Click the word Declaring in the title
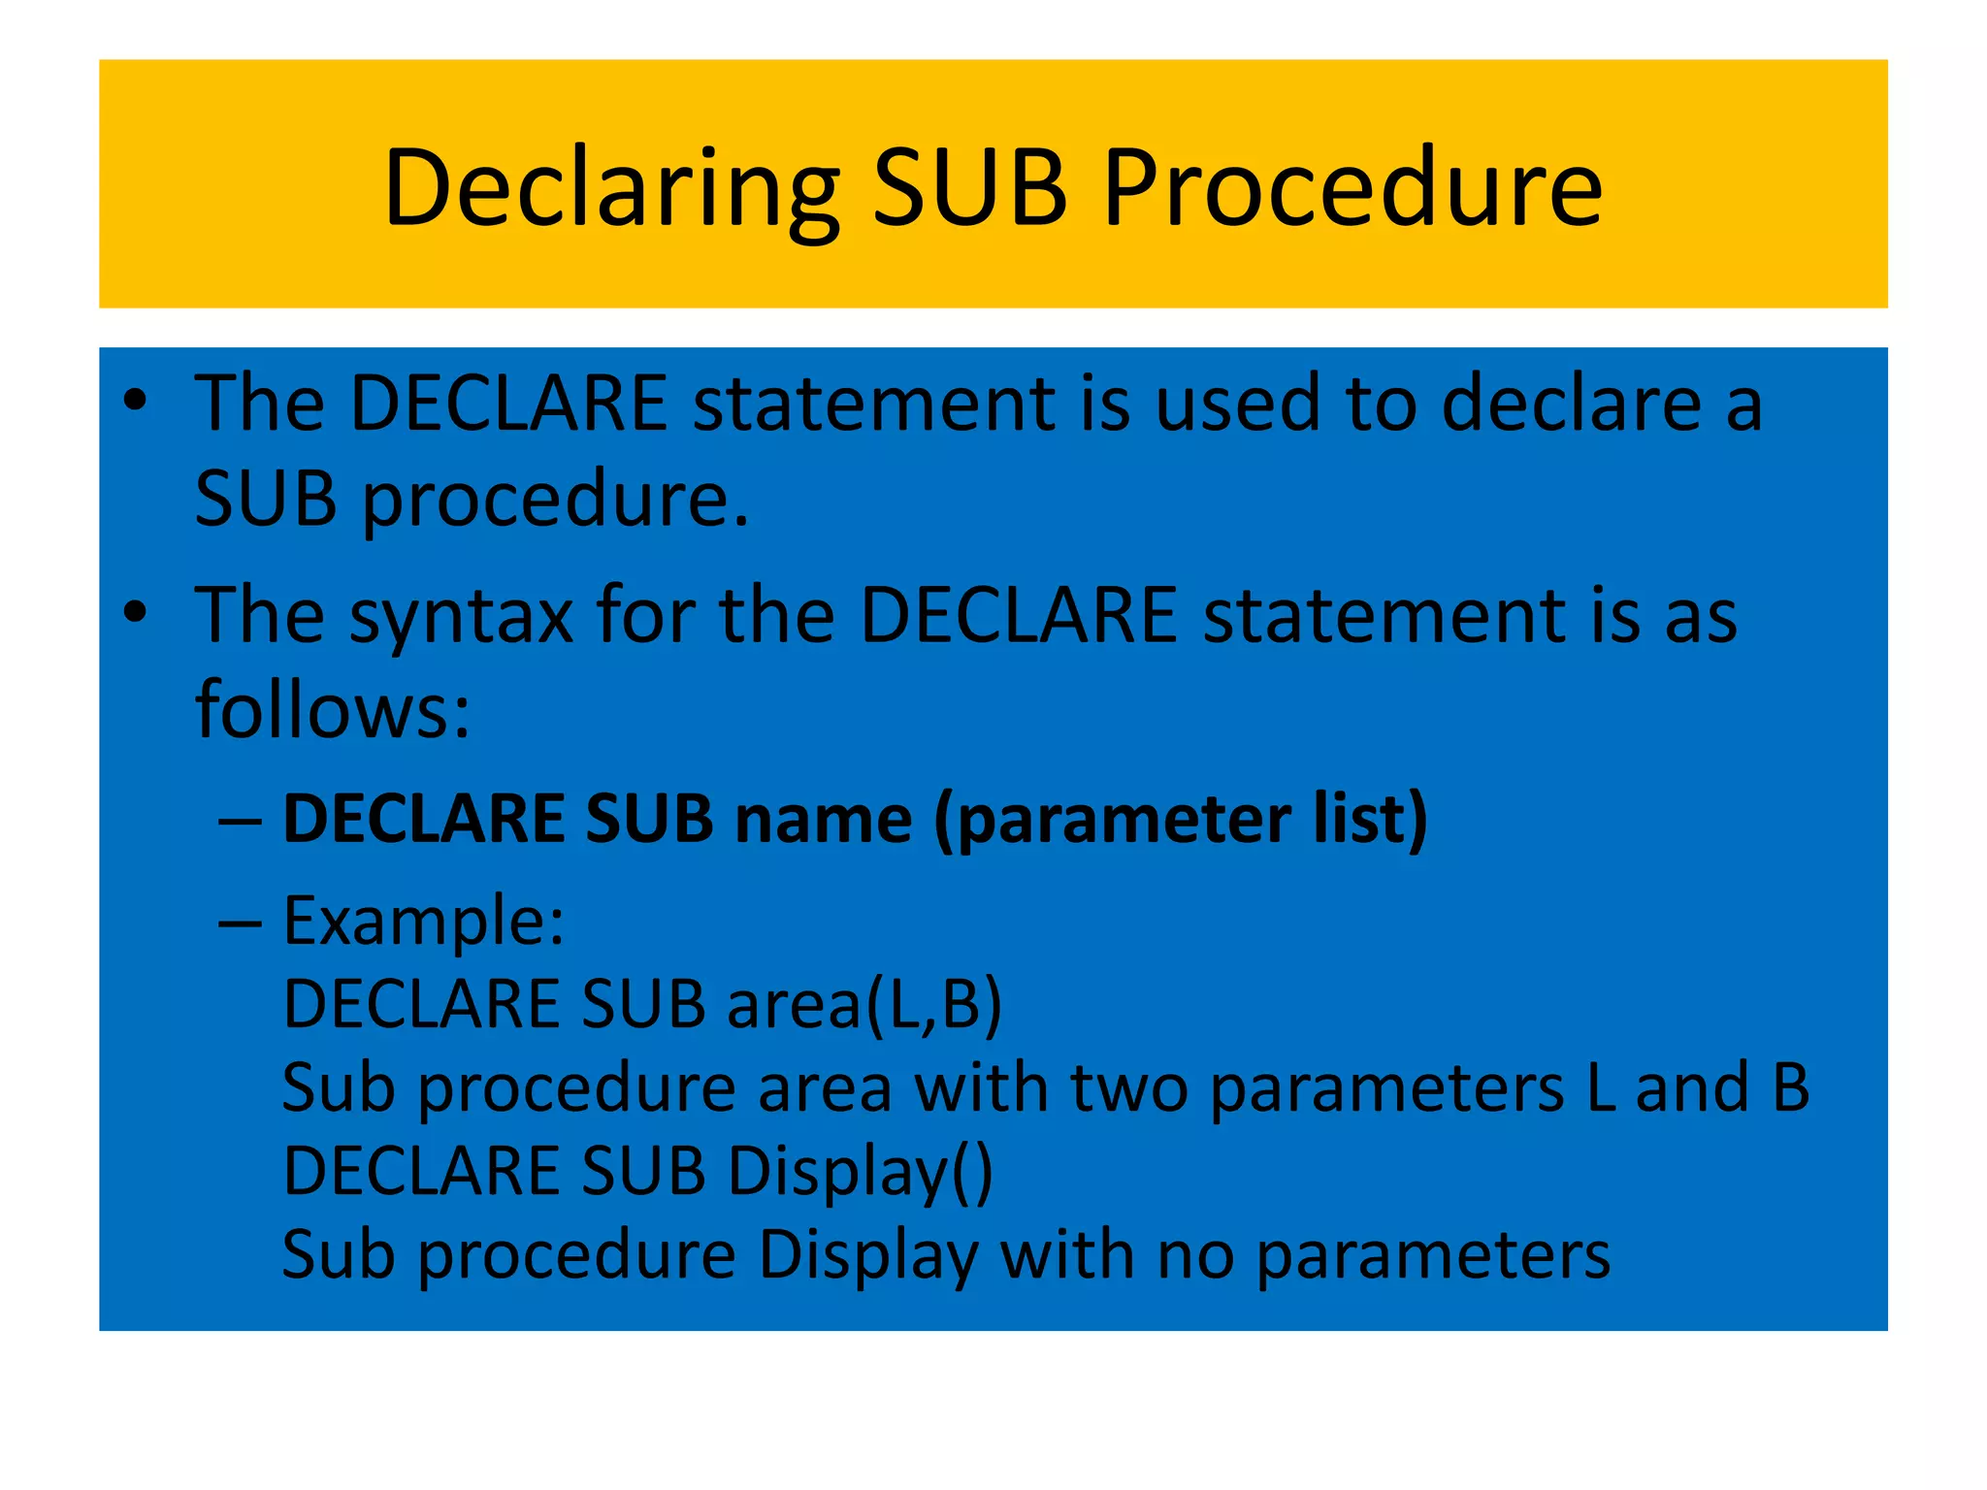point(611,189)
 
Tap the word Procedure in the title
point(1352,189)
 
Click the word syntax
point(462,617)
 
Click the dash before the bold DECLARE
point(240,821)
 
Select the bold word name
point(823,821)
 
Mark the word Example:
point(423,922)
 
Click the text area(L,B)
point(863,1005)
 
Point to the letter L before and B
point(1601,1088)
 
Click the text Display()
point(860,1172)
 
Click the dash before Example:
point(240,922)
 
